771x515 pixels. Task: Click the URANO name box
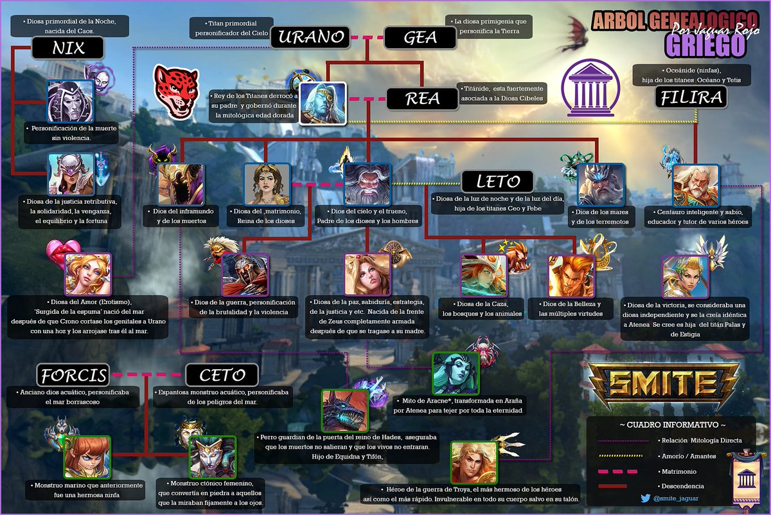point(310,37)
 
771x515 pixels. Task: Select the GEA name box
point(420,37)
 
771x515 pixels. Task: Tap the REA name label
point(421,99)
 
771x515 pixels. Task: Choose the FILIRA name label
point(691,98)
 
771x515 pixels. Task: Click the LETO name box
point(497,181)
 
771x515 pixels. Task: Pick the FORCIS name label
point(73,374)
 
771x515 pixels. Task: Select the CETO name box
point(222,374)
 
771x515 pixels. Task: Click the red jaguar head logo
point(175,90)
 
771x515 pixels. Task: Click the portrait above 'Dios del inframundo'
point(181,185)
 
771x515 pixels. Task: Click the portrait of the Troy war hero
point(474,462)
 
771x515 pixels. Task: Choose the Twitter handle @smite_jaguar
point(675,498)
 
